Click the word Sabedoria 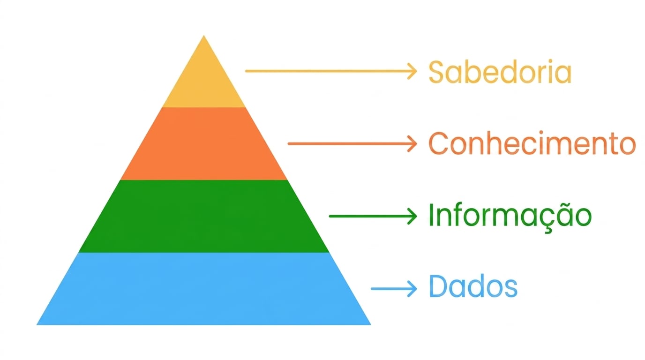click(500, 72)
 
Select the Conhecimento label click(532, 143)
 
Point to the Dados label click(473, 286)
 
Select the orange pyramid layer click(204, 144)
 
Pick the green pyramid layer click(204, 216)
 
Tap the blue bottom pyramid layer click(204, 289)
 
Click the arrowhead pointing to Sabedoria click(412, 71)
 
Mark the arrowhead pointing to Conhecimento click(412, 143)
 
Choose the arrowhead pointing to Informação click(412, 216)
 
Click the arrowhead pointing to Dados click(412, 289)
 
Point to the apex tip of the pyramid click(204, 36)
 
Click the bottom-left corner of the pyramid click(37, 325)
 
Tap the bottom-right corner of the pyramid click(371, 325)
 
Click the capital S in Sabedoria click(438, 72)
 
